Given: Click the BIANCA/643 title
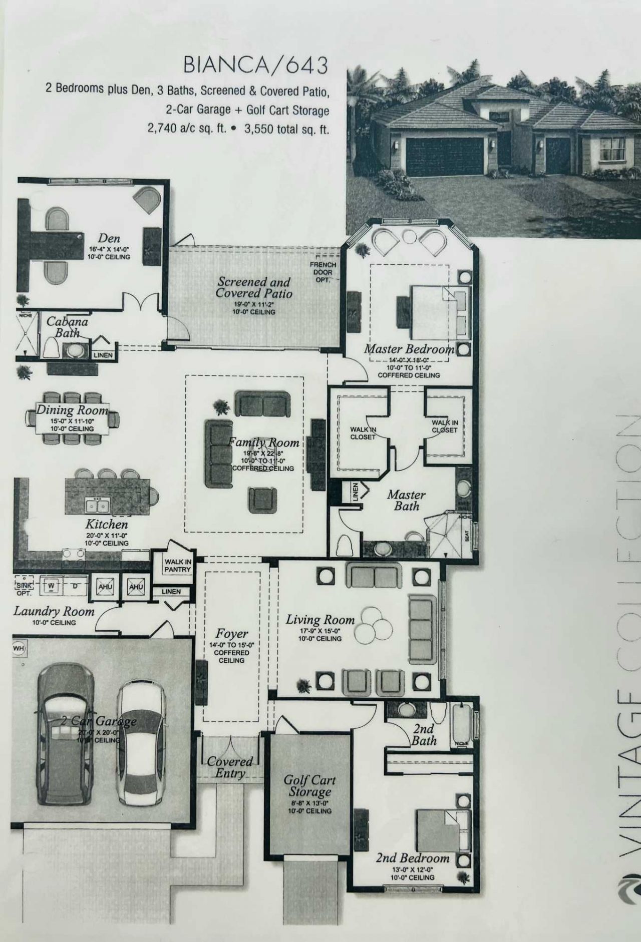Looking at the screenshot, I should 255,66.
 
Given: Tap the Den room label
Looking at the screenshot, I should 109,238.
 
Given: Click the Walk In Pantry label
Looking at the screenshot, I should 178,566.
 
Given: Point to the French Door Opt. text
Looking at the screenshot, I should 323,272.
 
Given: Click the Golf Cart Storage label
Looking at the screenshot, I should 309,786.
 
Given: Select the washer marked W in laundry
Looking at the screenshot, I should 51,586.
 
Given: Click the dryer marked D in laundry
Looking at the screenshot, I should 75,586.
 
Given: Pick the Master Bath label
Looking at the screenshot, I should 406,500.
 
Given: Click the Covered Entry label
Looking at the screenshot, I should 230,767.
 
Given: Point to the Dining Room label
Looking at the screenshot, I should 72,410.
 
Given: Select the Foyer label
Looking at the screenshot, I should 232,634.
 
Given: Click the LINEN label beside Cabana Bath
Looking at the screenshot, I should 103,355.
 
